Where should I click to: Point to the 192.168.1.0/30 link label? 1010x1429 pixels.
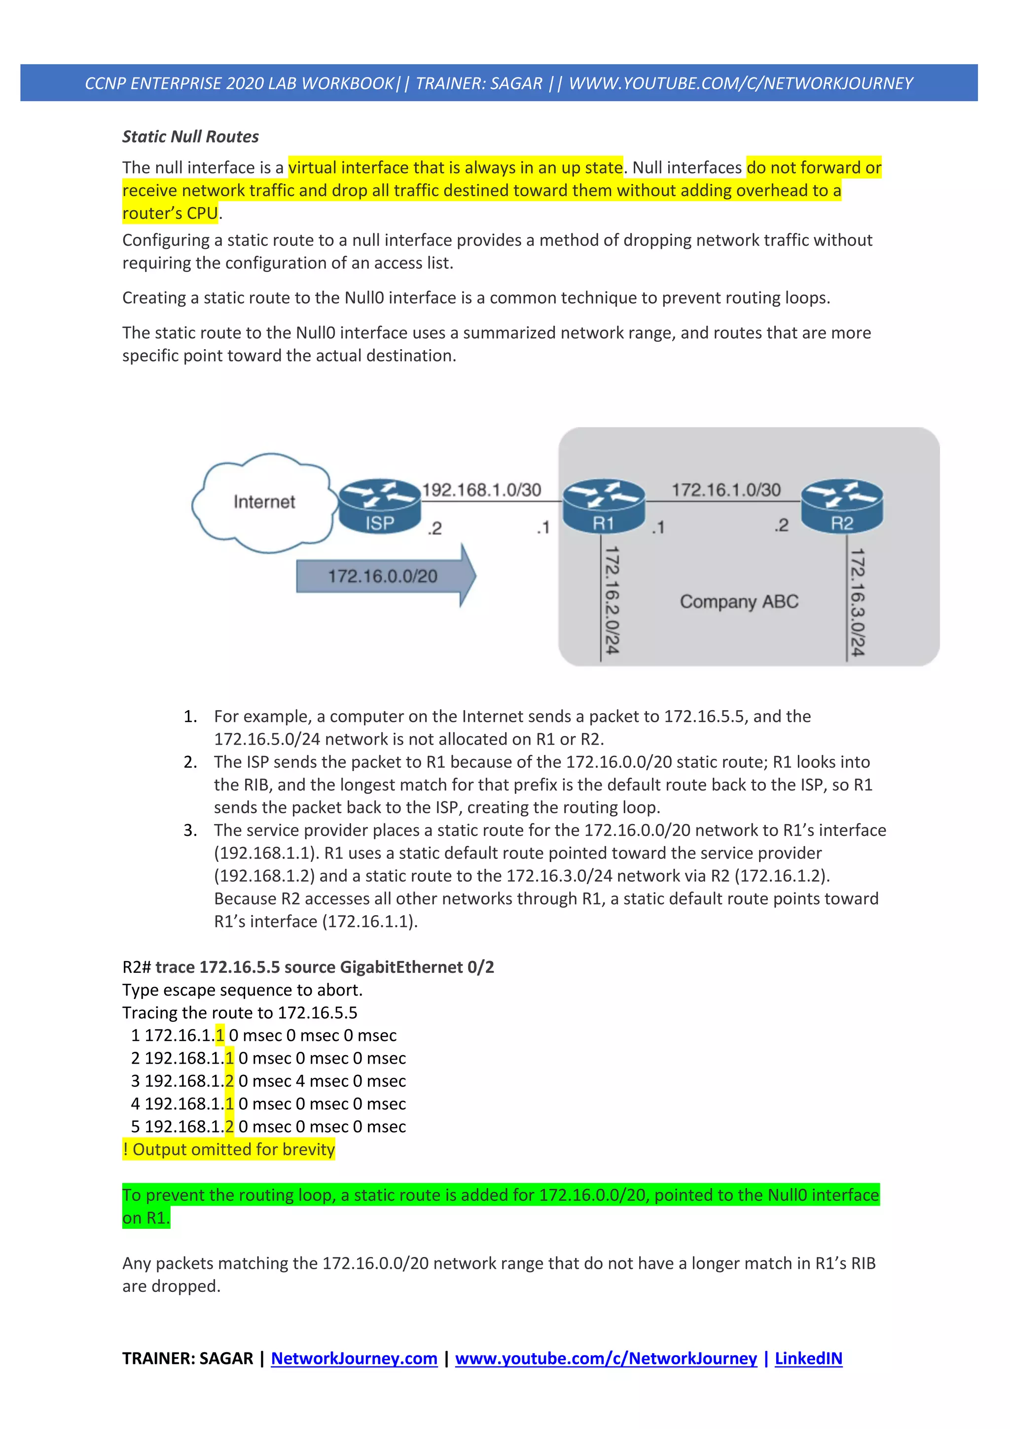click(x=482, y=490)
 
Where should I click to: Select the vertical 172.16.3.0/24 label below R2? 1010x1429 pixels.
click(x=858, y=602)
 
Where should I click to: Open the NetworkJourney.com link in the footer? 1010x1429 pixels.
click(x=354, y=1358)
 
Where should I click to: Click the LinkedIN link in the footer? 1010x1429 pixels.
click(x=808, y=1358)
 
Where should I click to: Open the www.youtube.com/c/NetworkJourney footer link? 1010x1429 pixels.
click(x=606, y=1358)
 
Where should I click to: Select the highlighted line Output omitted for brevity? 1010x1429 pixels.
click(x=229, y=1149)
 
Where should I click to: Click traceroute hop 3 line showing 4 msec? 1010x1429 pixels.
click(x=268, y=1081)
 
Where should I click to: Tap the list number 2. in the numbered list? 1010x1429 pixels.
click(x=190, y=762)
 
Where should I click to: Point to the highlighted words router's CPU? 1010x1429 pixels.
click(x=170, y=214)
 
